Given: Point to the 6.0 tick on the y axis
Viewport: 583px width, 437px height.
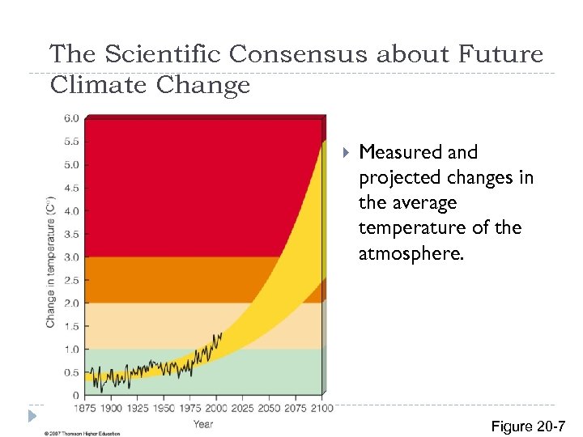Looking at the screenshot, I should tap(71, 118).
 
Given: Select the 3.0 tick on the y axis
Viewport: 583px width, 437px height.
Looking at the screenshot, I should tap(71, 257).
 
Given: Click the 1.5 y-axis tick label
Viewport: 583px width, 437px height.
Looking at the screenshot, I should tap(71, 326).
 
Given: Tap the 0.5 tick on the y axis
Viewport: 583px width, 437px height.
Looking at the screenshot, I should tap(71, 373).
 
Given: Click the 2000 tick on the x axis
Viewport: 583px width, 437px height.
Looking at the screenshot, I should tap(217, 408).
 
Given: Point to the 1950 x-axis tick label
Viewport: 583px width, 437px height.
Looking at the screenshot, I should tap(164, 408).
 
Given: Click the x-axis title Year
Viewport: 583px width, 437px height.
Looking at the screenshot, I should tap(203, 423).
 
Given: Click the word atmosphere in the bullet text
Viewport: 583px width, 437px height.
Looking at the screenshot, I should tap(411, 253).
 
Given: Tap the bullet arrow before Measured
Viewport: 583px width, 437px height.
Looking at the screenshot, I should tap(346, 152).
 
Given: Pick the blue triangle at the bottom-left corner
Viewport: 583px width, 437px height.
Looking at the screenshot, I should tap(31, 416).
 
